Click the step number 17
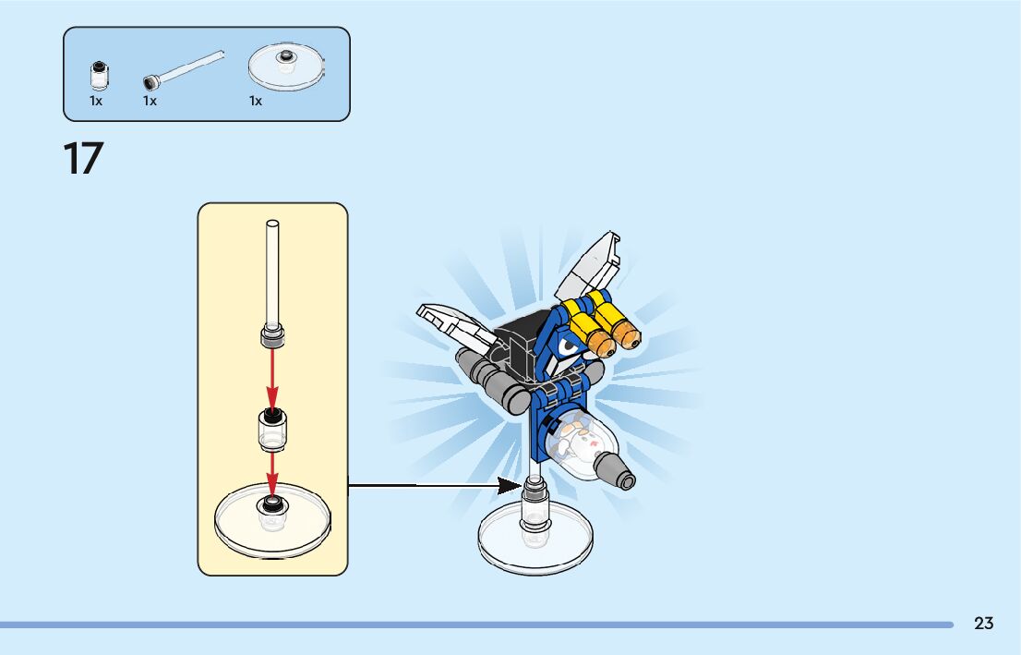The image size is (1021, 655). pos(83,159)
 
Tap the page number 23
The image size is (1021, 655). pos(983,624)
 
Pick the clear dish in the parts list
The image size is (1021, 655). pos(287,66)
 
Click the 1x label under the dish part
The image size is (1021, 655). pos(256,102)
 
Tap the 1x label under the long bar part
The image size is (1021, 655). pos(150,102)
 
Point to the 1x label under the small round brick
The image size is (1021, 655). pos(96,102)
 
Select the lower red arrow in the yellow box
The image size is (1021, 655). pos(272,472)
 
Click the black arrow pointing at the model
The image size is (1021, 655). pos(434,485)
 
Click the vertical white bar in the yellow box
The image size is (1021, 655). pos(272,273)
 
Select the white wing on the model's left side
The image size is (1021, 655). pos(452,323)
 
